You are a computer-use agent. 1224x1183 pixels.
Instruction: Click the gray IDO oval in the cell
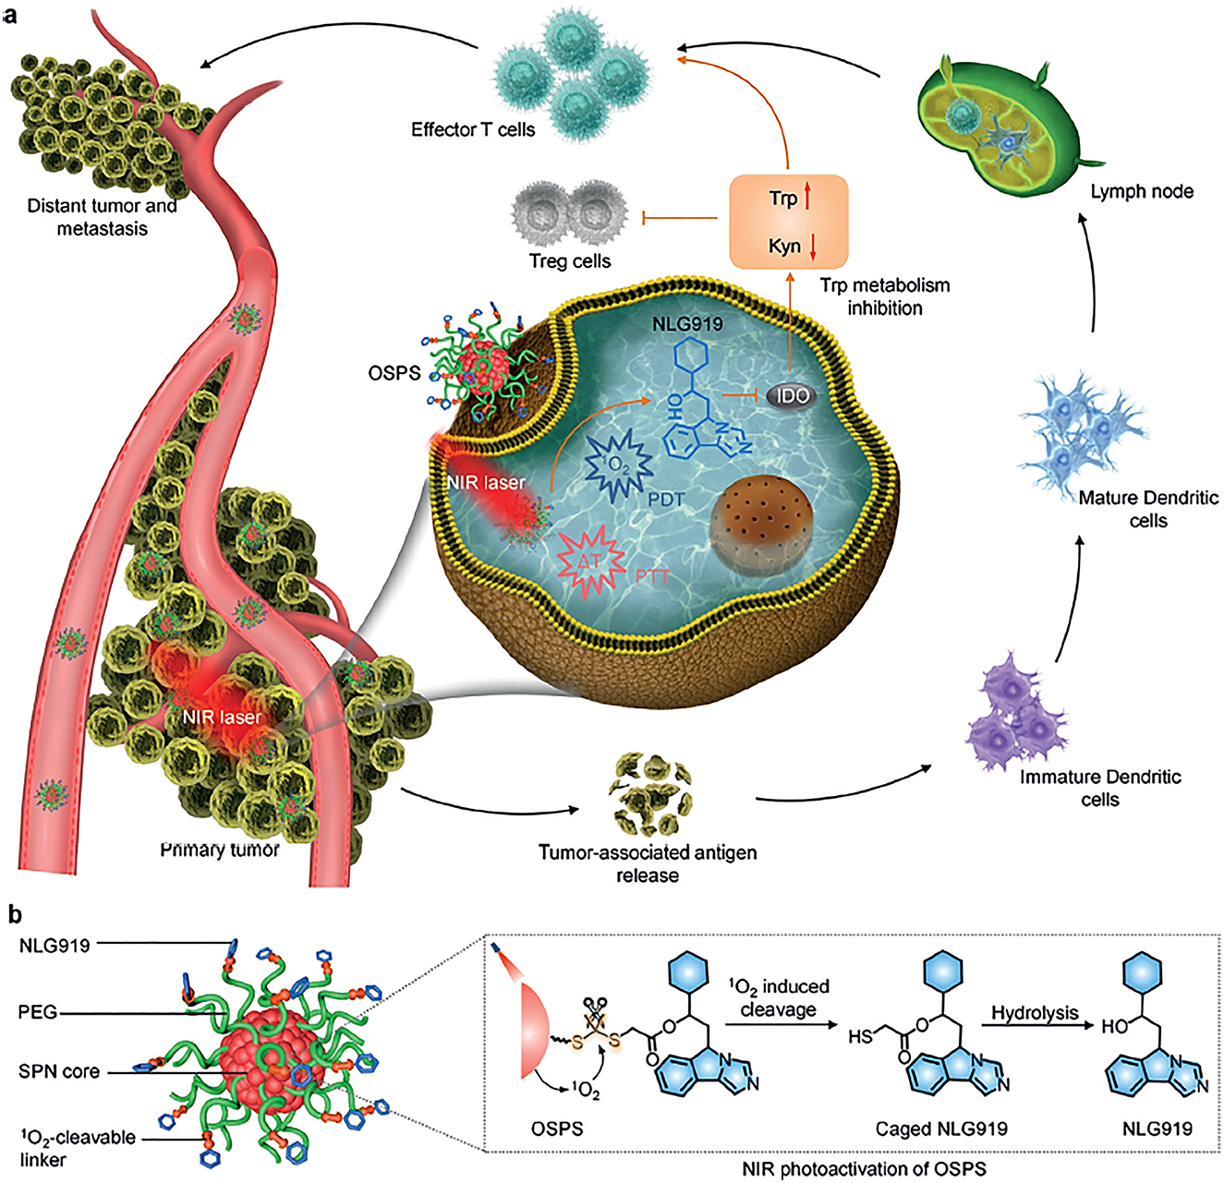[793, 396]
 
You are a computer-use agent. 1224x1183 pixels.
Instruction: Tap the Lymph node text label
[1142, 192]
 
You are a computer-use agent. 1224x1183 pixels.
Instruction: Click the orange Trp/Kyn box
[788, 222]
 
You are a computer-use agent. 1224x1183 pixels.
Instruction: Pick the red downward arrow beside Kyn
[813, 247]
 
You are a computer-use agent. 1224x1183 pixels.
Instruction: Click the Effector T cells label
[473, 130]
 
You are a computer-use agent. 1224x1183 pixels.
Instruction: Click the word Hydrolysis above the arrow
[1035, 1013]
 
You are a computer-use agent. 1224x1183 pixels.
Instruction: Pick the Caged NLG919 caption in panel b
[940, 1129]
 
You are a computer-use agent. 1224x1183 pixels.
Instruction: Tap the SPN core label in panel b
[59, 1072]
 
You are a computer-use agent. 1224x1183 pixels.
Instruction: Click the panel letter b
[15, 914]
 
